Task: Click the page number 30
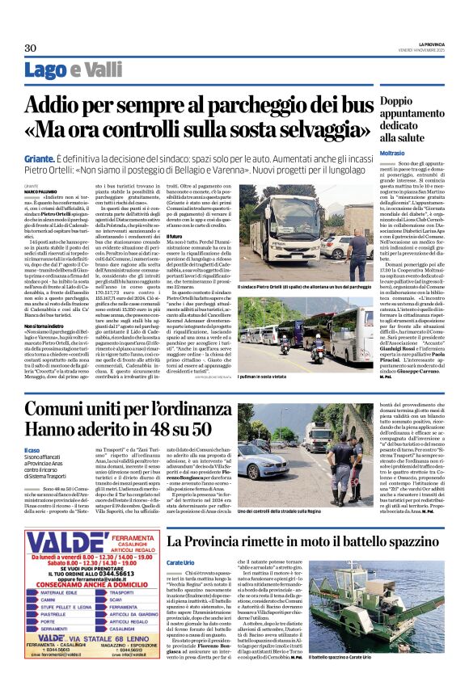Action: pos(32,48)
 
